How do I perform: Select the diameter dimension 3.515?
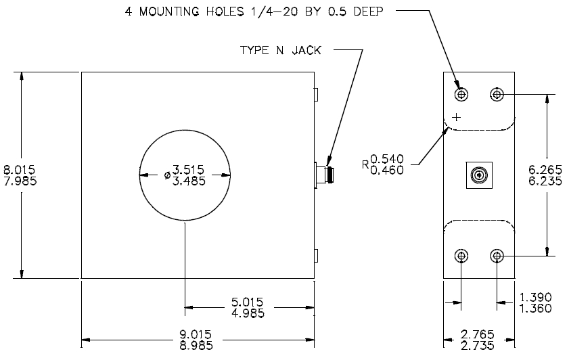[x=188, y=169]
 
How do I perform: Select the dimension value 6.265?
[x=542, y=169]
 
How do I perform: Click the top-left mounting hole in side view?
[x=461, y=93]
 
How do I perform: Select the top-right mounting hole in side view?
[x=497, y=93]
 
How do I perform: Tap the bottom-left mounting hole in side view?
[x=461, y=256]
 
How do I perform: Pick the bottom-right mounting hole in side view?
[x=497, y=256]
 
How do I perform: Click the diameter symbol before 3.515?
[x=167, y=175]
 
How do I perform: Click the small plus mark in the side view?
[x=456, y=116]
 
